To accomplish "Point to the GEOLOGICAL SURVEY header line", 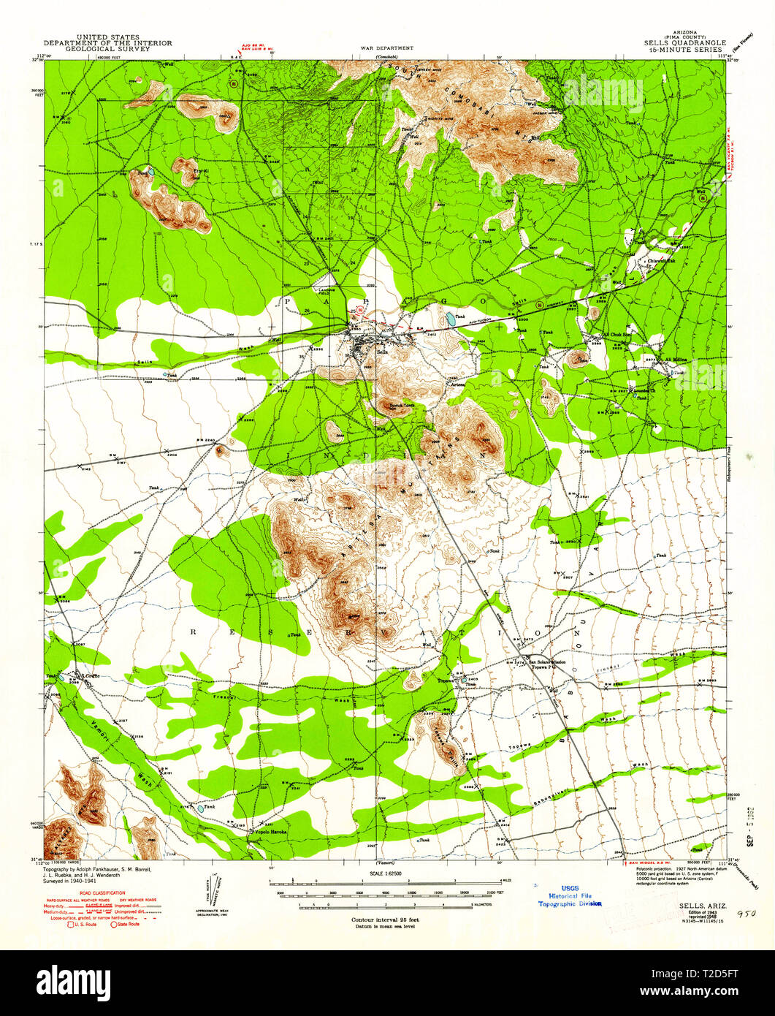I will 108,49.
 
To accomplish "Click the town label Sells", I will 380,351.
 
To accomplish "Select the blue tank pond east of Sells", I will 445,319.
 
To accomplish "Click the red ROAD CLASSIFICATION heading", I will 101,892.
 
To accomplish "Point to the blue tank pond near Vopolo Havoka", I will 199,809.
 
